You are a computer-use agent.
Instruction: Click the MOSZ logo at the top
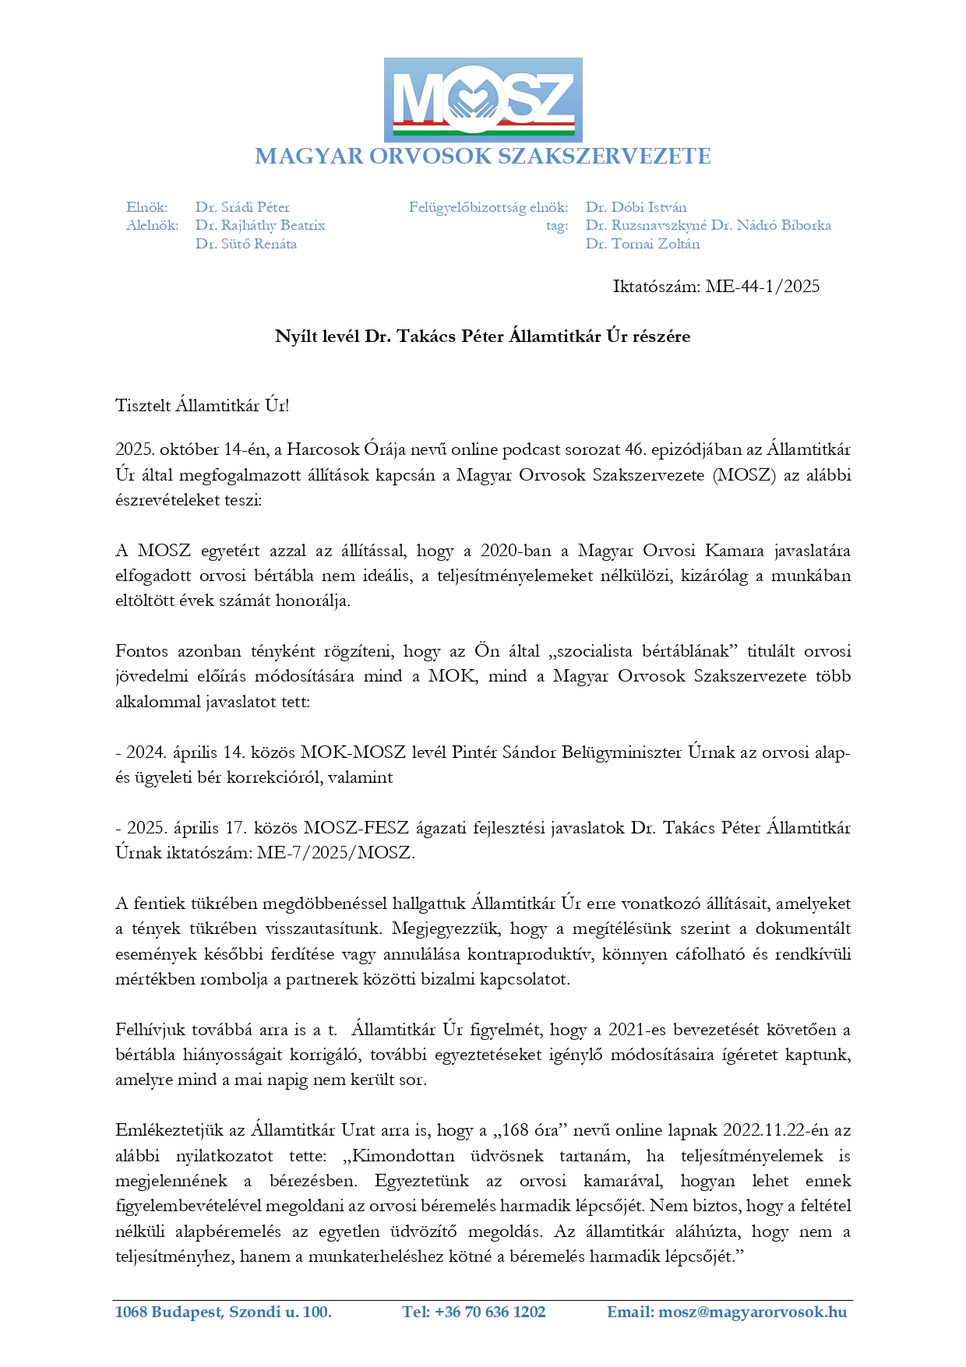pyautogui.click(x=483, y=99)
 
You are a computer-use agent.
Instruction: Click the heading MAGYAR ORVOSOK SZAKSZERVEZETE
pyautogui.click(x=483, y=157)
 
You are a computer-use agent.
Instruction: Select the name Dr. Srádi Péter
pyautogui.click(x=242, y=207)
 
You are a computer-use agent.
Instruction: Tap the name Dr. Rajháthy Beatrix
pyautogui.click(x=260, y=225)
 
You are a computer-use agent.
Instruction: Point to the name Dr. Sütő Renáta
pyautogui.click(x=246, y=244)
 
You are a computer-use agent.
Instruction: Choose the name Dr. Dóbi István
pyautogui.click(x=636, y=207)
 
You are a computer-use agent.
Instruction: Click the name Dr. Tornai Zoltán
pyautogui.click(x=643, y=244)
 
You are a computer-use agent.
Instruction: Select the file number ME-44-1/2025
pyautogui.click(x=762, y=287)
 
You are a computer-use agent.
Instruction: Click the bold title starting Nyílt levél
pyautogui.click(x=482, y=336)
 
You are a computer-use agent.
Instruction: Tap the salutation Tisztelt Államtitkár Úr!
pyautogui.click(x=203, y=405)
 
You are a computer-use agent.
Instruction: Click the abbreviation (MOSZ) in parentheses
pyautogui.click(x=744, y=475)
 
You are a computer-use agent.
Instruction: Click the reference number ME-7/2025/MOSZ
pyautogui.click(x=336, y=852)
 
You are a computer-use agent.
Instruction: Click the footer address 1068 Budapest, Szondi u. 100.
pyautogui.click(x=224, y=1312)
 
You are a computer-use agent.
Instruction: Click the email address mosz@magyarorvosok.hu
pyautogui.click(x=752, y=1312)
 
